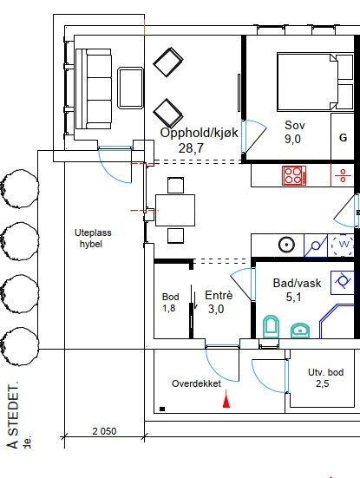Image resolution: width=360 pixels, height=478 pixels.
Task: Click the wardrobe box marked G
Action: pyautogui.click(x=343, y=138)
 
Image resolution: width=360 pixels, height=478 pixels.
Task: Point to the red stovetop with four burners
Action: pyautogui.click(x=294, y=175)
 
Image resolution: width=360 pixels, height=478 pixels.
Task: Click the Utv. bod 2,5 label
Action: pyautogui.click(x=326, y=377)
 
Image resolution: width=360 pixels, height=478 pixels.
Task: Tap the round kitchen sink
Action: pyautogui.click(x=285, y=246)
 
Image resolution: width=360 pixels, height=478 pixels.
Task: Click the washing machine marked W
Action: pyautogui.click(x=344, y=246)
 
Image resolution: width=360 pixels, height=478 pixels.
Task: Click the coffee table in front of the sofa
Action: pyautogui.click(x=131, y=87)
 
